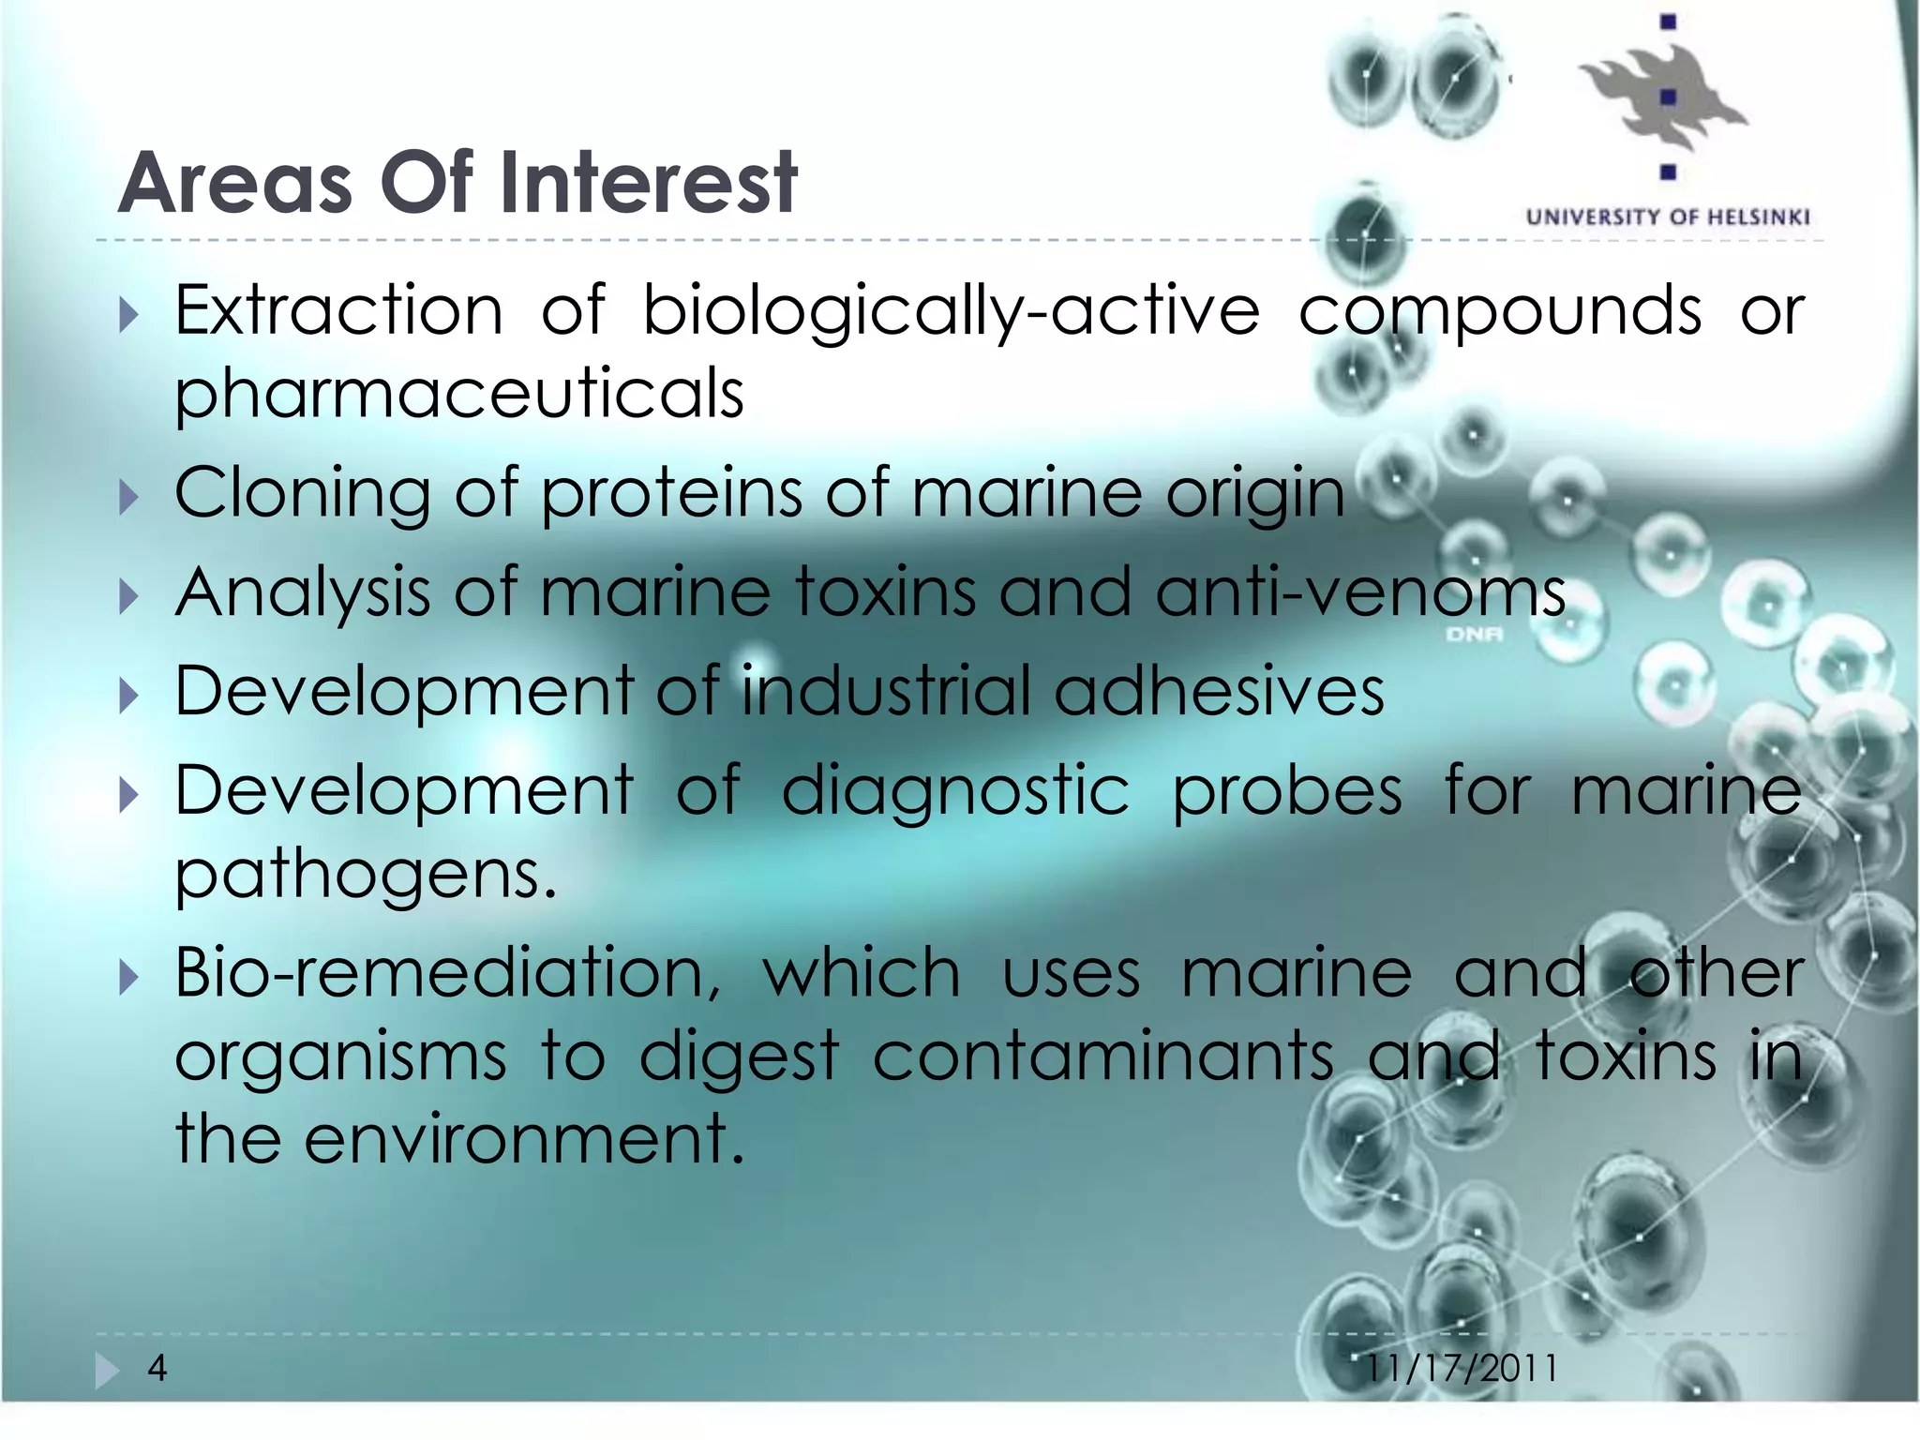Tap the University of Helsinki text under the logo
(x=1668, y=217)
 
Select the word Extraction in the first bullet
(x=338, y=310)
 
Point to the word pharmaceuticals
(x=459, y=394)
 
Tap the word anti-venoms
(x=1360, y=592)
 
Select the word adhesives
(x=1219, y=692)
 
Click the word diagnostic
(x=955, y=791)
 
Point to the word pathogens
(x=366, y=875)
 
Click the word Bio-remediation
(x=448, y=973)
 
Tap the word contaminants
(x=1103, y=1057)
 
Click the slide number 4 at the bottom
(x=157, y=1369)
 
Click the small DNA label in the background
(x=1474, y=636)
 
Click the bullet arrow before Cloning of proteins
(x=129, y=497)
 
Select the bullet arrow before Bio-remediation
(x=129, y=978)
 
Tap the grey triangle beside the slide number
(x=107, y=1371)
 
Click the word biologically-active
(x=951, y=310)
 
